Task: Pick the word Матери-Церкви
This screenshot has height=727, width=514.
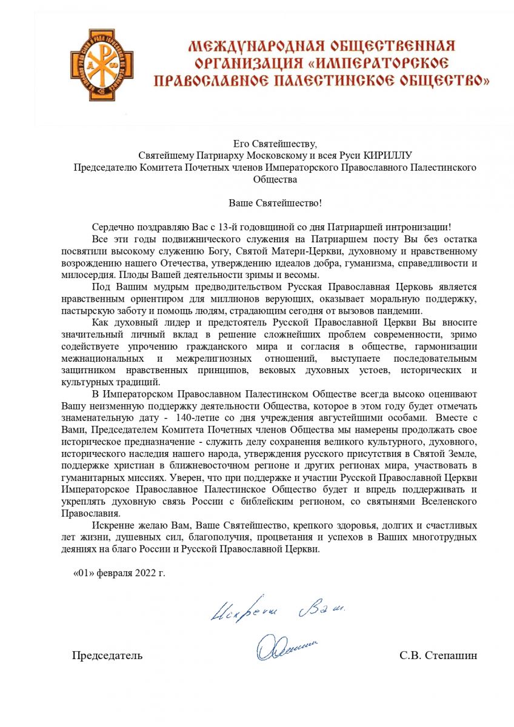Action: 295,251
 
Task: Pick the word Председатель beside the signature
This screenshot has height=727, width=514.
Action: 107,656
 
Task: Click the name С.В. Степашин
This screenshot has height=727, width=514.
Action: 438,656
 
